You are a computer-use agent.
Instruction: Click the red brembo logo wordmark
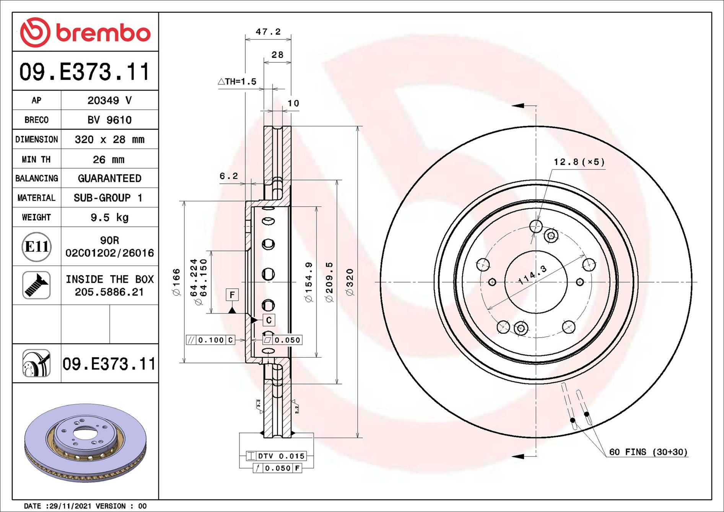point(103,33)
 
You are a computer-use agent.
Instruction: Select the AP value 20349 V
point(109,100)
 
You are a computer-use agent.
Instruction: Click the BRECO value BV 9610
point(109,120)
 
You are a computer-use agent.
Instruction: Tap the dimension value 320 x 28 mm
point(109,139)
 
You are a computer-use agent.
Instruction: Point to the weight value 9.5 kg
point(109,217)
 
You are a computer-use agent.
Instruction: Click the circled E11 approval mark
point(36,247)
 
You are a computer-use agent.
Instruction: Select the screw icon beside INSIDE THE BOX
point(36,285)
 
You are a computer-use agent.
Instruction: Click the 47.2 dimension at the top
point(268,31)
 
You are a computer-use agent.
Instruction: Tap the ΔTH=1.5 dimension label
point(237,81)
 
